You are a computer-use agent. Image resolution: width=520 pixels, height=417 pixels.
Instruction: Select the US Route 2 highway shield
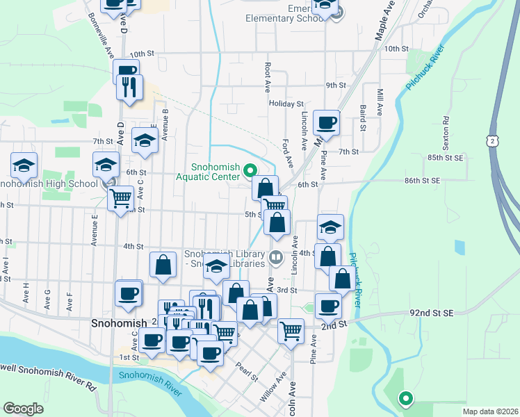(491, 140)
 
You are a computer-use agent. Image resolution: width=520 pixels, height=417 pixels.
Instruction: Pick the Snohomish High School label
(49, 184)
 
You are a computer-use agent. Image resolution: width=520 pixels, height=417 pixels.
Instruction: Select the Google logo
(23, 409)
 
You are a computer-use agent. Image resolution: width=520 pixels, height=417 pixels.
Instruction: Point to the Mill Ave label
(380, 101)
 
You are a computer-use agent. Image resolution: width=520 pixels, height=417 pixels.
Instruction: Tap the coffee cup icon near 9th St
(327, 124)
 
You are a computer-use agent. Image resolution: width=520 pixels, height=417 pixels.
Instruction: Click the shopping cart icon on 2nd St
(291, 330)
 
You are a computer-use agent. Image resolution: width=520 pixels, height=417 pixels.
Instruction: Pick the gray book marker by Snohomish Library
(275, 258)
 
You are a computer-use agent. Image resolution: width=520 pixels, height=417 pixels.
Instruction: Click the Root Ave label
(268, 70)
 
